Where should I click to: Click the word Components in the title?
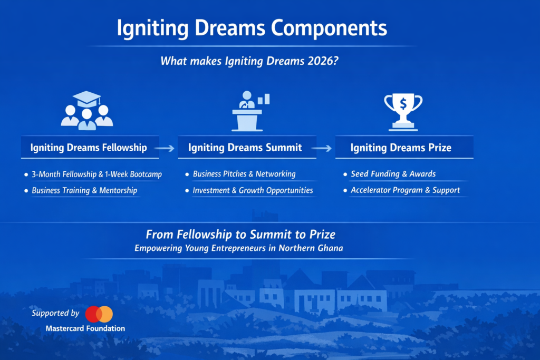(329, 28)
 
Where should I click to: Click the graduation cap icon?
(86, 99)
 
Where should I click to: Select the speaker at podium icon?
(247, 111)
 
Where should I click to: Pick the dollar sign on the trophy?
(403, 104)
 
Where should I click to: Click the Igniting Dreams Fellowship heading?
(89, 148)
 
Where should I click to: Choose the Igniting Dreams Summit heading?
(245, 148)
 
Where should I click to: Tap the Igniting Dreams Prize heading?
(401, 148)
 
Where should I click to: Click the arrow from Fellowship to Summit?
(165, 148)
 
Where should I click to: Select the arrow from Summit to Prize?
(321, 148)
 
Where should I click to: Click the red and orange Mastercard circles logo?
(99, 314)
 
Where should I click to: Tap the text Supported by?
(55, 313)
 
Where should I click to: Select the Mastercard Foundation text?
(85, 328)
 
